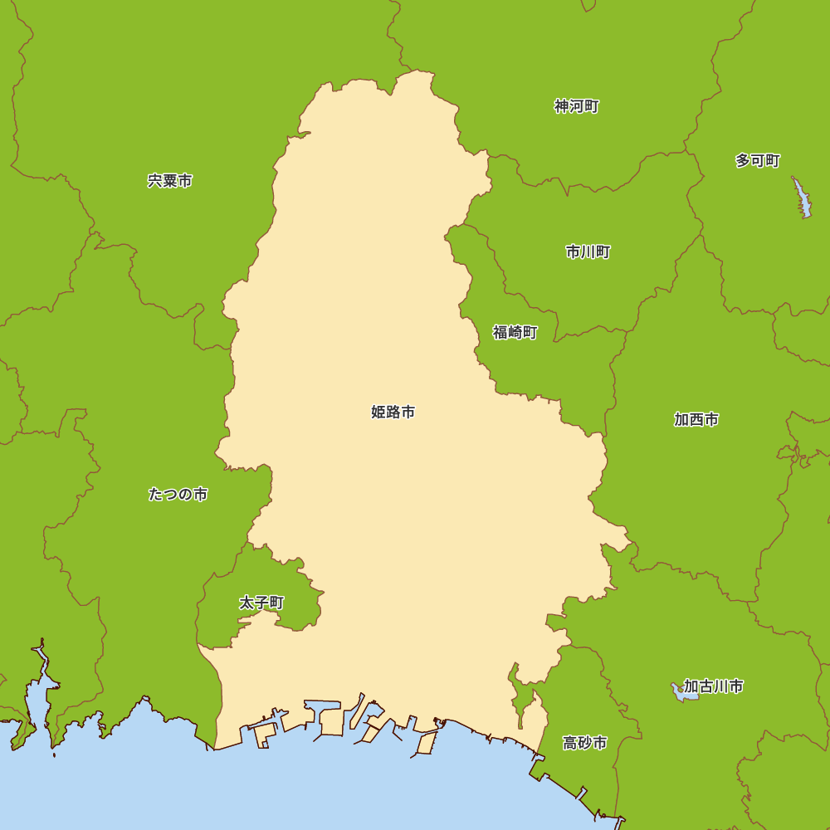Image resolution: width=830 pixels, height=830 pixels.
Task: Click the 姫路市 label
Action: pyautogui.click(x=393, y=412)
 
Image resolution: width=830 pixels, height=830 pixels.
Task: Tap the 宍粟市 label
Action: pyautogui.click(x=170, y=181)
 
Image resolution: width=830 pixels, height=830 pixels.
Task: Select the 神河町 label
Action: pyautogui.click(x=577, y=106)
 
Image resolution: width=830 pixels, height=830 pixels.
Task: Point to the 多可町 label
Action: pyautogui.click(x=758, y=161)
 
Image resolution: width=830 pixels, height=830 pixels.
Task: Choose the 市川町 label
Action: pyautogui.click(x=588, y=252)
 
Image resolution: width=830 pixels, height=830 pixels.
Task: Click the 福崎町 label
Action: pyautogui.click(x=515, y=333)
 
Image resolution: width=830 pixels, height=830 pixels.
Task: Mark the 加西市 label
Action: pyautogui.click(x=696, y=420)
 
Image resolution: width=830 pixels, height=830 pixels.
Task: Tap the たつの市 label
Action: pyautogui.click(x=178, y=495)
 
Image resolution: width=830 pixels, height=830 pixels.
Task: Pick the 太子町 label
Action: pyautogui.click(x=261, y=603)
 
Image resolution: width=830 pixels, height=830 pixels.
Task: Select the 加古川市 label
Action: pyautogui.click(x=713, y=686)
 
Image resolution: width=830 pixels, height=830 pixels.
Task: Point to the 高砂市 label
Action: pyautogui.click(x=585, y=743)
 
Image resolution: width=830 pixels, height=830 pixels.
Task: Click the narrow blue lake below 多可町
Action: pyautogui.click(x=803, y=199)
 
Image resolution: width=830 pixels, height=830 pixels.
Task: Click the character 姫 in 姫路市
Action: pyautogui.click(x=378, y=412)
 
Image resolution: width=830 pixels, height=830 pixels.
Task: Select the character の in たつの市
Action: pyautogui.click(x=185, y=495)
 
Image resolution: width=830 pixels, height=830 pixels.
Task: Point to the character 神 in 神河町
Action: pyautogui.click(x=562, y=106)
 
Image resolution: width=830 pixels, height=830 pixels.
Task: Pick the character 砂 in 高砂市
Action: pyautogui.click(x=585, y=743)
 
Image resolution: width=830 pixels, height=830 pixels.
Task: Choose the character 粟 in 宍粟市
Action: pyautogui.click(x=170, y=181)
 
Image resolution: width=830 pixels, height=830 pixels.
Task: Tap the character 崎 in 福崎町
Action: pyautogui.click(x=515, y=333)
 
